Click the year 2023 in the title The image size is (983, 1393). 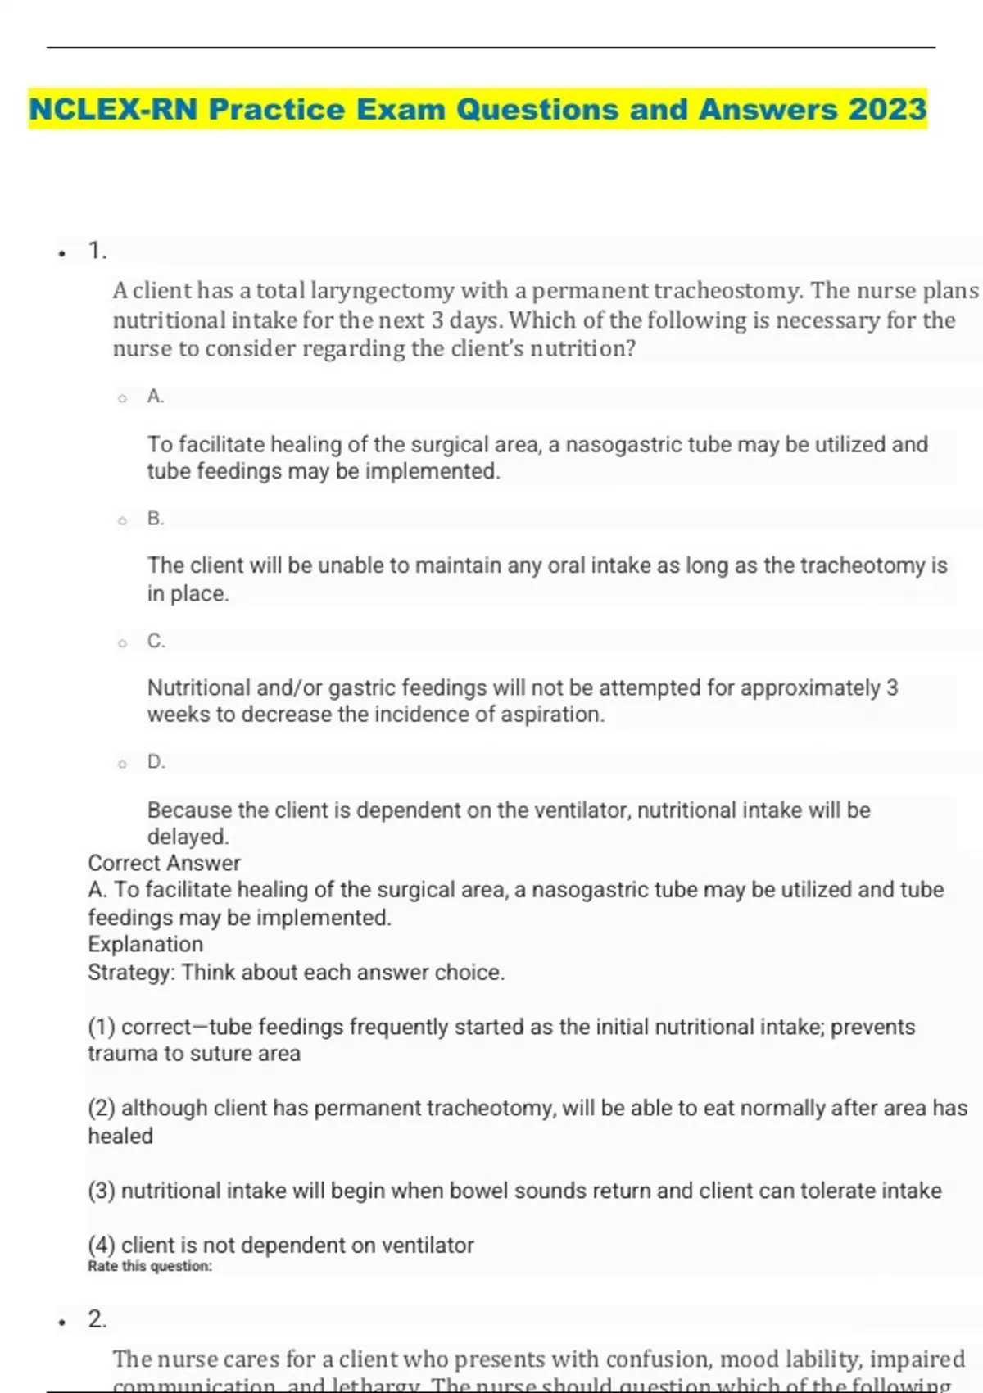(x=887, y=109)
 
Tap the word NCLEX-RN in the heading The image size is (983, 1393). (x=113, y=109)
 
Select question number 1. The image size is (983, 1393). (x=97, y=251)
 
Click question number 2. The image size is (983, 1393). (x=97, y=1319)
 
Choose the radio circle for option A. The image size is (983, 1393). (x=122, y=399)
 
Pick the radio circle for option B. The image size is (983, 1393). (x=122, y=521)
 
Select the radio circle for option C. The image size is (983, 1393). (x=122, y=643)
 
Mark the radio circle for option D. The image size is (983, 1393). (x=122, y=765)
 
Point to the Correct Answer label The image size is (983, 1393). (x=164, y=863)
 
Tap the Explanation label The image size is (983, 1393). (x=145, y=944)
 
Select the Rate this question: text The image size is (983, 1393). (x=149, y=1266)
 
